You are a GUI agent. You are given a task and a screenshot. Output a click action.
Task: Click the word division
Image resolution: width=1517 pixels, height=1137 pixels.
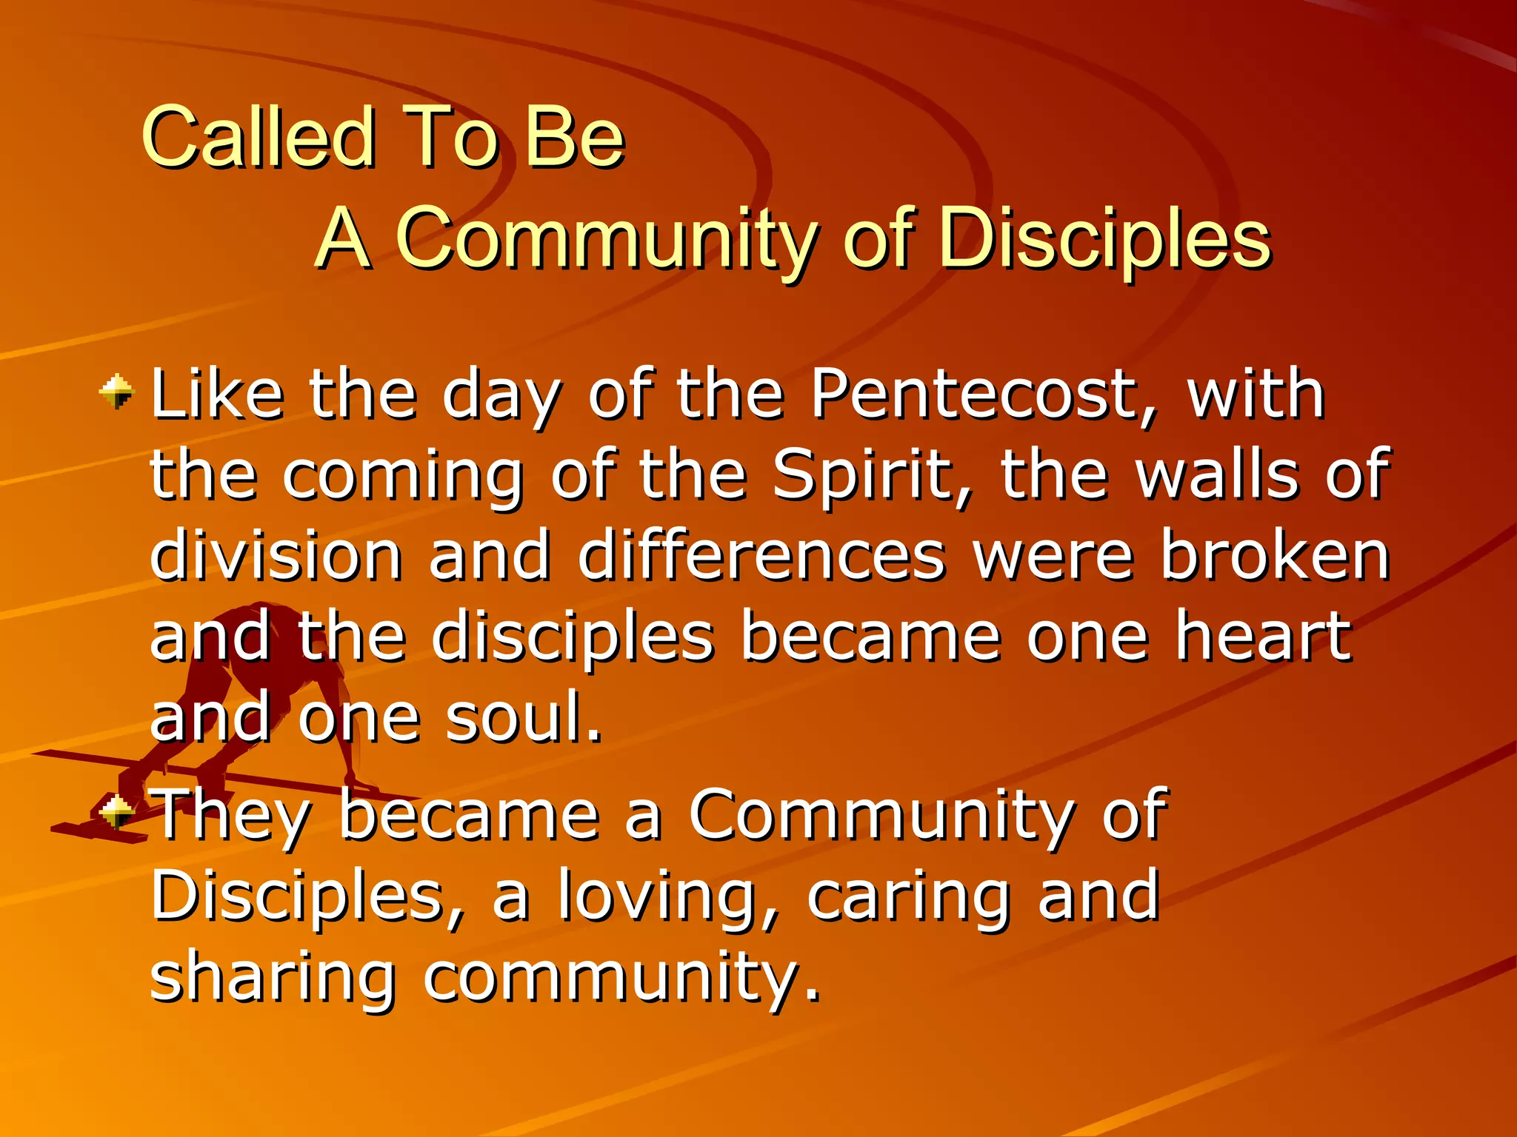coord(276,556)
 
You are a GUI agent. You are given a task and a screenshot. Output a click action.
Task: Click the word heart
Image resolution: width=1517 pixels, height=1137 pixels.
coord(1263,637)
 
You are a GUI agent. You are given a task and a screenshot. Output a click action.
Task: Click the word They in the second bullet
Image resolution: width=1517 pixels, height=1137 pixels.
coord(230,816)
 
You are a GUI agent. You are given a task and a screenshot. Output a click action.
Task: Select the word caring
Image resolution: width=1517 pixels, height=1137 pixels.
coord(907,897)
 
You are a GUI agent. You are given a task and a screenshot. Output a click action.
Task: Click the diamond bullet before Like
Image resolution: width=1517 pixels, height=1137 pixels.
coord(116,392)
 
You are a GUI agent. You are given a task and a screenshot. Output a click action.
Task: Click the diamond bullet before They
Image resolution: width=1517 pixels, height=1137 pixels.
coord(116,813)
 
